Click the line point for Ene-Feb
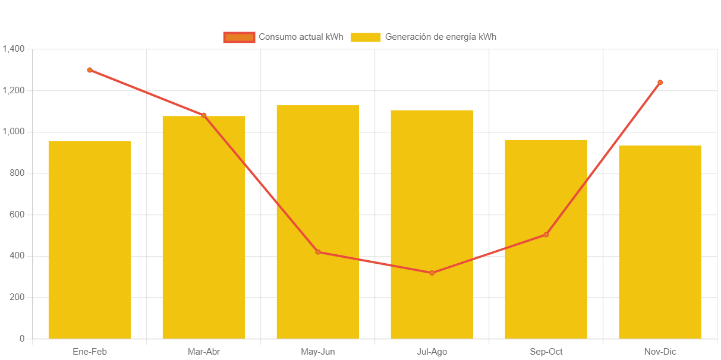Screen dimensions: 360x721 click(x=90, y=70)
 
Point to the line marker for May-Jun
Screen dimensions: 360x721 click(x=318, y=252)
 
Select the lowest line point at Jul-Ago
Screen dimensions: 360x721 click(x=432, y=273)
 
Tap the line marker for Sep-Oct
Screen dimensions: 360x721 click(x=546, y=235)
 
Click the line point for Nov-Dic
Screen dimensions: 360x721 click(x=660, y=83)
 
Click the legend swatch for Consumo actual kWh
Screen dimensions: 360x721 click(x=239, y=37)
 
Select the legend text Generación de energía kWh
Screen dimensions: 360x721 click(x=440, y=37)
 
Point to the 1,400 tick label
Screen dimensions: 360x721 click(x=13, y=49)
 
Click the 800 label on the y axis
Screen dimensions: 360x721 click(x=17, y=173)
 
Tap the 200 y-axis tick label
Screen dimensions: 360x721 click(x=17, y=297)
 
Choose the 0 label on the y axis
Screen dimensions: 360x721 click(x=22, y=339)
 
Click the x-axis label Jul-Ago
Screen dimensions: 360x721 click(x=432, y=352)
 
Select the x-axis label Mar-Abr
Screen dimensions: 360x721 click(x=204, y=352)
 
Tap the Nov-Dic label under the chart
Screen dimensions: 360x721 click(x=660, y=352)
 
